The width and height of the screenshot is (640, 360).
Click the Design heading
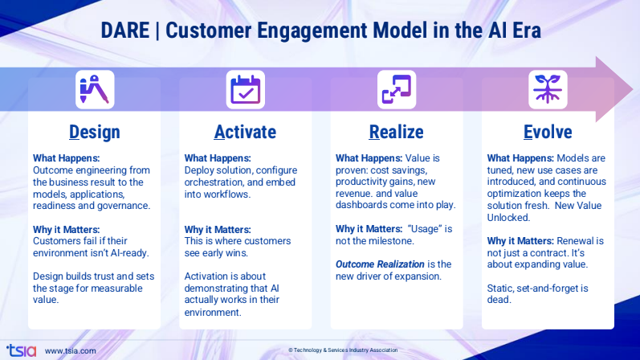click(x=95, y=132)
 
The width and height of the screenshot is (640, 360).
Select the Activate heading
click(x=245, y=132)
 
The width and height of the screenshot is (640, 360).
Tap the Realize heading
click(x=396, y=132)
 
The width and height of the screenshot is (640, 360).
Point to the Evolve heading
click(x=547, y=132)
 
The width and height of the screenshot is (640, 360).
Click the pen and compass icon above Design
click(x=95, y=89)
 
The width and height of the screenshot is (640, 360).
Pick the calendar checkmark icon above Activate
click(x=245, y=89)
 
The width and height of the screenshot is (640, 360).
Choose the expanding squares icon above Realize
click(x=397, y=89)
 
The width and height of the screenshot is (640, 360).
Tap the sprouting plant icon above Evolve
click(x=548, y=89)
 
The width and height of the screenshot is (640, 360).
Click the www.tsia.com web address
click(x=71, y=350)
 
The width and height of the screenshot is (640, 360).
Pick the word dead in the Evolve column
click(x=502, y=299)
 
